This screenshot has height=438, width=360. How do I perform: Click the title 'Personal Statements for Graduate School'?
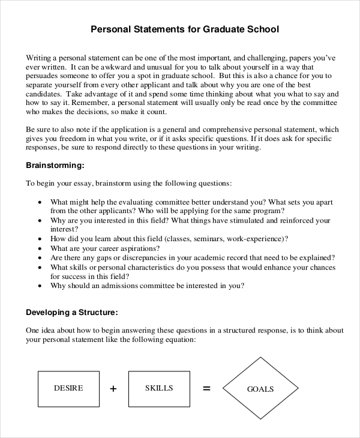pos(185,28)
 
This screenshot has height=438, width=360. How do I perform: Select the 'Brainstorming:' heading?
pos(55,165)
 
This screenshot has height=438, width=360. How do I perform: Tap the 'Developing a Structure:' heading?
pos(71,313)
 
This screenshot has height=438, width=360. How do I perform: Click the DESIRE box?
pos(68,388)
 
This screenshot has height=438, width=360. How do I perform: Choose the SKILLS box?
pos(159,388)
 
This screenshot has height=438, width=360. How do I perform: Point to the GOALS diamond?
pos(260,389)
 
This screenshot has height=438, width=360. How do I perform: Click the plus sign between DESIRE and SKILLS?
pos(113,389)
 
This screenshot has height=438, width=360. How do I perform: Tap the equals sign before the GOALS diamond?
pos(206,389)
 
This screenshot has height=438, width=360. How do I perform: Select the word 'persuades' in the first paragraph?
pos(43,77)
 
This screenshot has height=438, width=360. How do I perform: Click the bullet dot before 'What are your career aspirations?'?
pos(40,248)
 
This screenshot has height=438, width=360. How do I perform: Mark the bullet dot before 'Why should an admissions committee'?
pos(40,286)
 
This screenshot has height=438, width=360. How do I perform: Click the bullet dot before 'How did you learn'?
pos(40,238)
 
